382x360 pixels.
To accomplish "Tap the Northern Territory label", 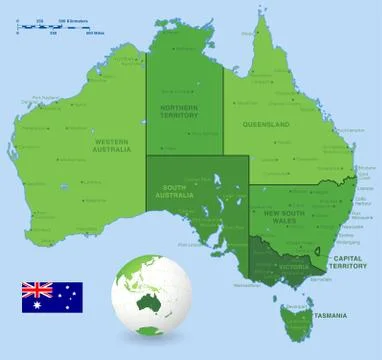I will click(180, 110).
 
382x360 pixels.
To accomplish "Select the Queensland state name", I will click(265, 124).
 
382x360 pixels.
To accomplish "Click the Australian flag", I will click(52, 297).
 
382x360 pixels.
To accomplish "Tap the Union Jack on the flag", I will click(37, 290).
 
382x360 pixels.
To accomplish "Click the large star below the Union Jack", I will click(37, 304).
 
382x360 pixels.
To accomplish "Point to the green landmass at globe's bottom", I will click(150, 330).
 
